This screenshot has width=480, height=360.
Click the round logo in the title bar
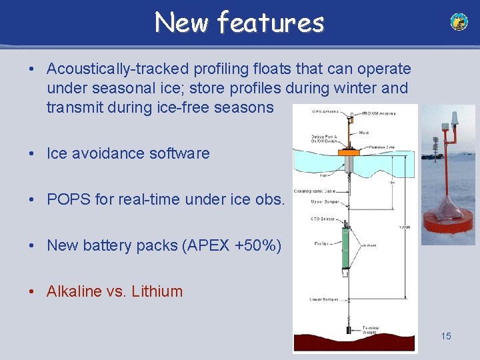pos(459,22)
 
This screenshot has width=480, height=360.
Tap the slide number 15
pos(445,336)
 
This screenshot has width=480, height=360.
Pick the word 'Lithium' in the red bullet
pos(157,291)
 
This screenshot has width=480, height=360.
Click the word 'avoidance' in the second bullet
pos(110,153)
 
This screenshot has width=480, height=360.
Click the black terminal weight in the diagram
pos(347,329)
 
